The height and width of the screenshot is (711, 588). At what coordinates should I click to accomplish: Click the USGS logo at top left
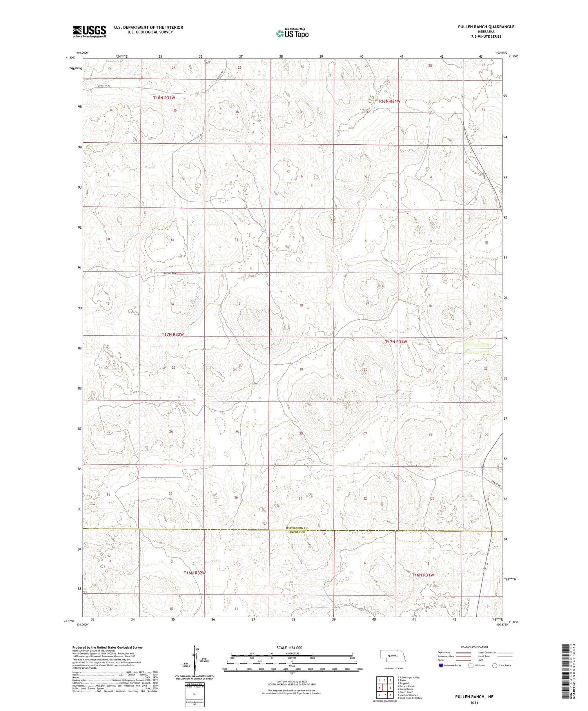89,31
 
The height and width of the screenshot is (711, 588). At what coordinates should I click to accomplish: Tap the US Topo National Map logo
292,33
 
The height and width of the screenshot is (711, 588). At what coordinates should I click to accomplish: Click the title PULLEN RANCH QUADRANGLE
480,27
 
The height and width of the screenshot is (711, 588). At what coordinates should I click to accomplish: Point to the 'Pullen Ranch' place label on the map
171,273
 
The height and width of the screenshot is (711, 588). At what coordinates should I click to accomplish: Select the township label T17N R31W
396,342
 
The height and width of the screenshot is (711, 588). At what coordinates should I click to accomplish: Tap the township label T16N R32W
194,573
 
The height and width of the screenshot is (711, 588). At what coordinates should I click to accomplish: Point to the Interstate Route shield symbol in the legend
441,665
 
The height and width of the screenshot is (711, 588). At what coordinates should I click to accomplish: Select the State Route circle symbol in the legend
495,665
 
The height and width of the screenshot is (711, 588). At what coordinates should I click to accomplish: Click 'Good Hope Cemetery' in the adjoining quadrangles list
411,698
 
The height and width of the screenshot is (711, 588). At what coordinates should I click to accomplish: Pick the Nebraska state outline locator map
393,655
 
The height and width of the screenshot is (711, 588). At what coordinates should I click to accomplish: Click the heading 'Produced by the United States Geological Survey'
107,647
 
